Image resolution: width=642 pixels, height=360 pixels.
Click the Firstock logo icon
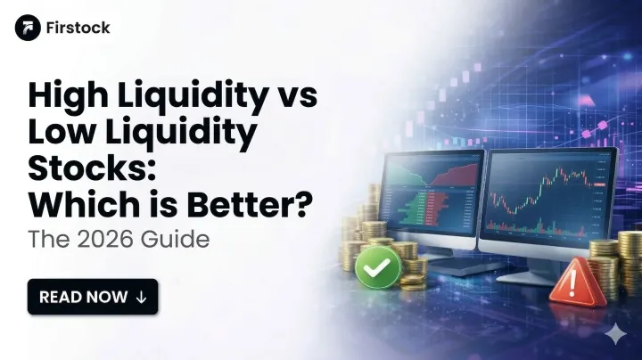[x=28, y=28]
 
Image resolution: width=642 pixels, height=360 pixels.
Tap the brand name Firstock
[x=78, y=28]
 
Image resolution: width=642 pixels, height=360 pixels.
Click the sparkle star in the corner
[x=614, y=334]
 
